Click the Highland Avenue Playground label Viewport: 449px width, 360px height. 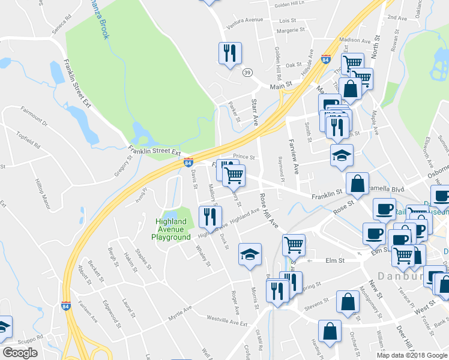click(171, 229)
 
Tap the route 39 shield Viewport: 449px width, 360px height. click(247, 72)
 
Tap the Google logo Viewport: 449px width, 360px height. click(20, 353)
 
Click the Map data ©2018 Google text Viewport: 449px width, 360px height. click(412, 355)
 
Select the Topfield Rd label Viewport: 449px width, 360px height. click(28, 140)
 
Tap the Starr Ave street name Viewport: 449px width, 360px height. click(255, 112)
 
